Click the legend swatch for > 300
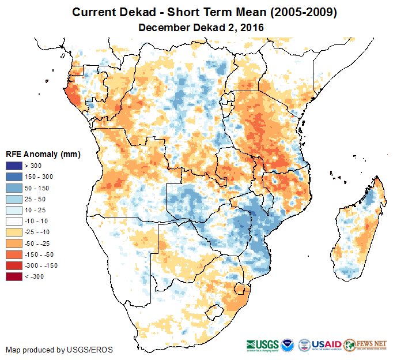pyautogui.click(x=15, y=166)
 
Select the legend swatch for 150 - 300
pyautogui.click(x=15, y=177)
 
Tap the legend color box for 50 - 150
pyautogui.click(x=15, y=188)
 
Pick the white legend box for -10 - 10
pyautogui.click(x=15, y=222)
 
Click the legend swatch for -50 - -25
pyautogui.click(x=15, y=243)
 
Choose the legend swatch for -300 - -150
pyautogui.click(x=15, y=265)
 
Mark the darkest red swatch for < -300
pyautogui.click(x=15, y=277)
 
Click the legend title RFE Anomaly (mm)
pyautogui.click(x=43, y=155)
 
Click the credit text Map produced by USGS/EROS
pyautogui.click(x=59, y=350)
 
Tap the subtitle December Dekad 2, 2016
pyautogui.click(x=196, y=27)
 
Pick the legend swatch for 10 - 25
pyautogui.click(x=15, y=211)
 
